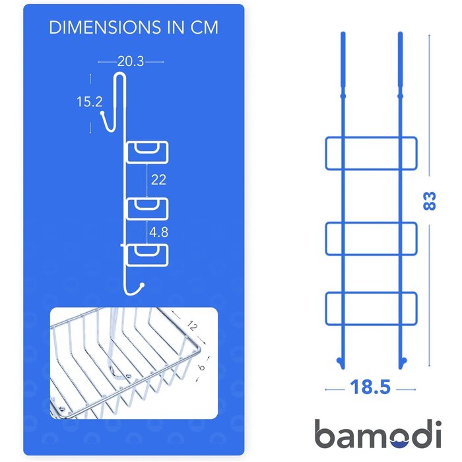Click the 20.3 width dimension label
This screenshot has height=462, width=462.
(x=131, y=61)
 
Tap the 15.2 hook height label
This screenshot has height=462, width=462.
(x=89, y=102)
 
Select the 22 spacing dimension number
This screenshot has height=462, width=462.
(x=158, y=180)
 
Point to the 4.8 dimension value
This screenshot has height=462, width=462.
(x=159, y=232)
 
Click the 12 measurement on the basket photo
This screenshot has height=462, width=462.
(x=192, y=325)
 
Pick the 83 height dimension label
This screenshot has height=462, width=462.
(x=429, y=201)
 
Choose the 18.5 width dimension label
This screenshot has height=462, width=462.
(x=370, y=387)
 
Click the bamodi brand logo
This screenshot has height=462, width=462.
(x=378, y=434)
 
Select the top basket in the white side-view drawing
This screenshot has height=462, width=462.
(x=147, y=152)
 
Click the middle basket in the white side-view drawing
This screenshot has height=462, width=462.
(x=147, y=209)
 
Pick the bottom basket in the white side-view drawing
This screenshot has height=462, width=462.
(x=147, y=255)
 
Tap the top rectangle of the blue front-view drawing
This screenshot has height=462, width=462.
(x=371, y=137)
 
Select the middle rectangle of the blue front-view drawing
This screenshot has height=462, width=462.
(x=371, y=223)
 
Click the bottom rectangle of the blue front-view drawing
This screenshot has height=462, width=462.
(x=371, y=292)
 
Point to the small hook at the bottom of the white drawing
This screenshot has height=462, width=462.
(x=134, y=292)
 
